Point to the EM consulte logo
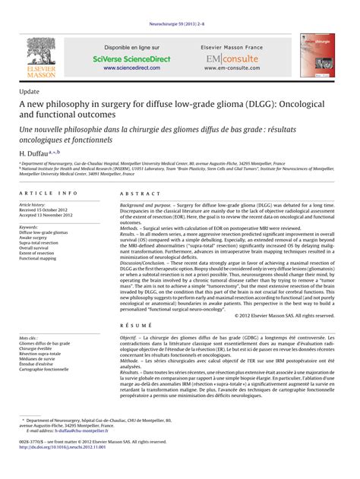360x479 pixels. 231,57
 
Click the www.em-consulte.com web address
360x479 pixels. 232,68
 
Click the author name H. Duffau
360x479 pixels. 34,153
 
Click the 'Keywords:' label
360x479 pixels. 29,226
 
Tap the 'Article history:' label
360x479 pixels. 35,205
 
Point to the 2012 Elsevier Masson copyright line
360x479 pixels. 285,314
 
